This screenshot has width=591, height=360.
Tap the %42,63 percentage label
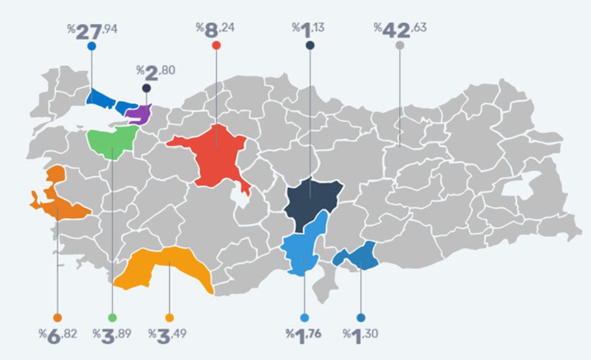tap(399, 29)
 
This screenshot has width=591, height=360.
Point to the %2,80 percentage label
tap(155, 72)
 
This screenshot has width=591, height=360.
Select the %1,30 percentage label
tap(361, 335)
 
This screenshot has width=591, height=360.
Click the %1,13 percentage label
tap(308, 29)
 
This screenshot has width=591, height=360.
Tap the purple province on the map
tap(139, 113)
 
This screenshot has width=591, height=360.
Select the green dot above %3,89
tap(112, 318)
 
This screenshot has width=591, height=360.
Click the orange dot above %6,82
tap(58, 318)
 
